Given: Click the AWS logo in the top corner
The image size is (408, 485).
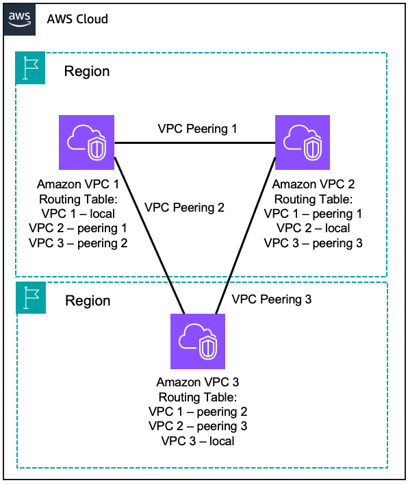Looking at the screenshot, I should pyautogui.click(x=21, y=19).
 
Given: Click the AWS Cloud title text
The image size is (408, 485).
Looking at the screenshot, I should pyautogui.click(x=77, y=19).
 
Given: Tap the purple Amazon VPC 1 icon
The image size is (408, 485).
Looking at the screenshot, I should pyautogui.click(x=86, y=142).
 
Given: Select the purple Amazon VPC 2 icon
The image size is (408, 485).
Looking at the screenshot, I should pyautogui.click(x=302, y=142).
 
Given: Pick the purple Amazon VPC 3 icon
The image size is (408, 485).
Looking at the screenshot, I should pyautogui.click(x=198, y=342).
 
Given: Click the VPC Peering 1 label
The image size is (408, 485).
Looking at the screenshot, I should pyautogui.click(x=198, y=128).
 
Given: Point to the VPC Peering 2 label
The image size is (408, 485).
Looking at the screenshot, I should pyautogui.click(x=185, y=208).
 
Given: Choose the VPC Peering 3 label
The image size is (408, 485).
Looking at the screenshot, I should pyautogui.click(x=272, y=299).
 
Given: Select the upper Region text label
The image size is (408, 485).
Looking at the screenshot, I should pyautogui.click(x=87, y=71).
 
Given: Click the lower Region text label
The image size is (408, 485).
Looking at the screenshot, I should pyautogui.click(x=87, y=301).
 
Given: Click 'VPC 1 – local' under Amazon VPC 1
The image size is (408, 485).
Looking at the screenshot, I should pyautogui.click(x=78, y=214).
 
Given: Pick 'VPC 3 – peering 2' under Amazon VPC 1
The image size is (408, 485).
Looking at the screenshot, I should pyautogui.click(x=78, y=242).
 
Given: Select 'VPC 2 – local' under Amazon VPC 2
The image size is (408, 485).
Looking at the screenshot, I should pyautogui.click(x=313, y=228).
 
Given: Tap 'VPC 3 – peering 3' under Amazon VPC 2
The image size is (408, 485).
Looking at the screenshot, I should pyautogui.click(x=313, y=242).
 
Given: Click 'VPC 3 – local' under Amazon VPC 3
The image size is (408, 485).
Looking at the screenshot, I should pyautogui.click(x=197, y=440).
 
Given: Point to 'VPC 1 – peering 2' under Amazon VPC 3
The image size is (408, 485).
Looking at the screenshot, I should pyautogui.click(x=197, y=412).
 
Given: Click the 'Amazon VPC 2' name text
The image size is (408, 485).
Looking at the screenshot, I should pyautogui.click(x=313, y=184).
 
